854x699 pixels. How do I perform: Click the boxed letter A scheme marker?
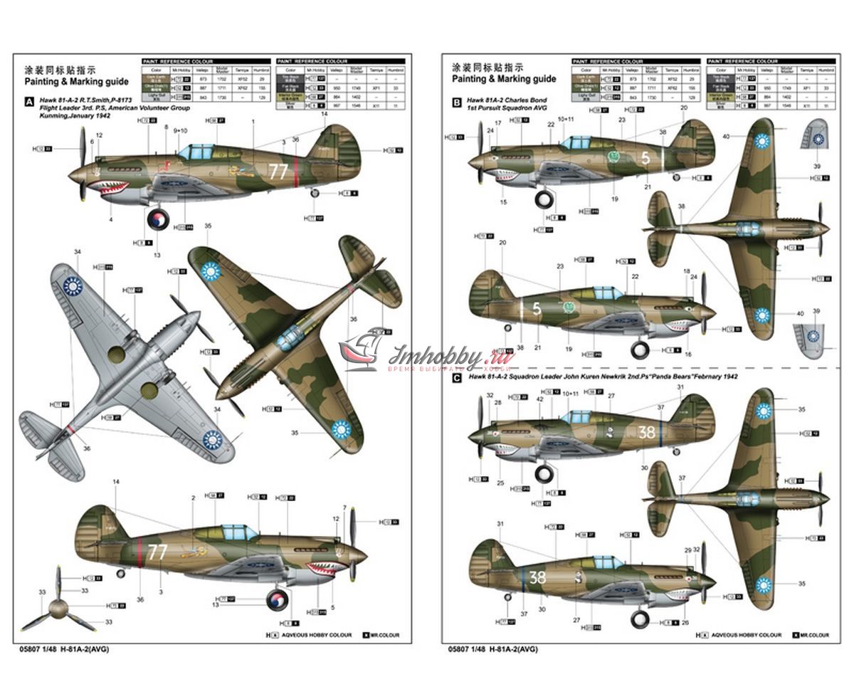(29, 102)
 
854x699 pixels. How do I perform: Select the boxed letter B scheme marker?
(456, 102)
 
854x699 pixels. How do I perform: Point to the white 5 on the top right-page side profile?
(645, 159)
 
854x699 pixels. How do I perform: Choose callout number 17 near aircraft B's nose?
(497, 123)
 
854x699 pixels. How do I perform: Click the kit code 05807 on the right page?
(459, 648)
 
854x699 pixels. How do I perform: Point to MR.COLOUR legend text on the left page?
(384, 634)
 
